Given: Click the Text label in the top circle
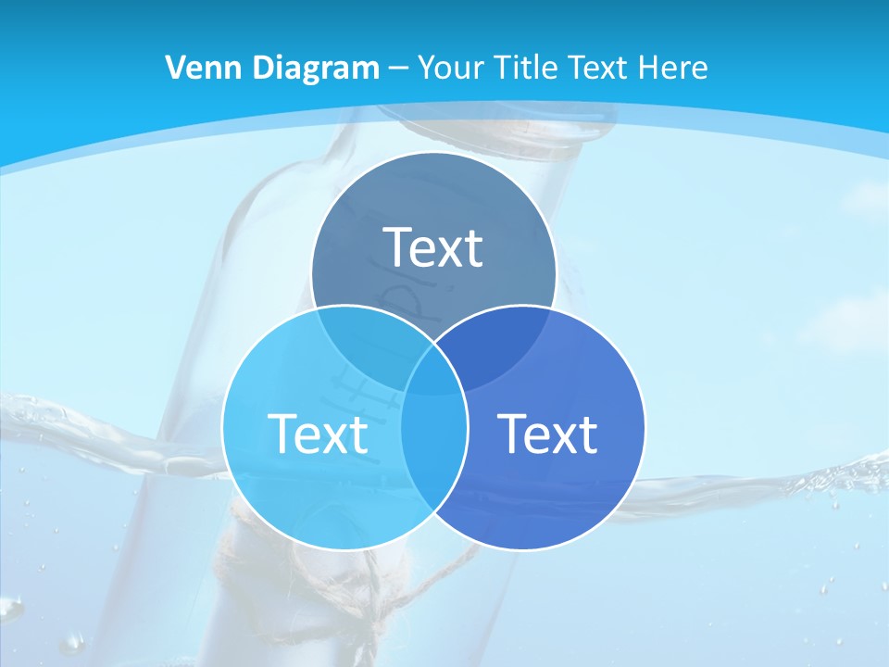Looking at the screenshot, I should (433, 247).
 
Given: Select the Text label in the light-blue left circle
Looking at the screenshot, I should (318, 433).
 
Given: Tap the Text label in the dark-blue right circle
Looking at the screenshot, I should (547, 433).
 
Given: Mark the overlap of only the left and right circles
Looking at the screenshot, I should (433, 454).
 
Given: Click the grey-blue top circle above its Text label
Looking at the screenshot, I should (433, 190).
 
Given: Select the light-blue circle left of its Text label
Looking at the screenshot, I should (246, 433).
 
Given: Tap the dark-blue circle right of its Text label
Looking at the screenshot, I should (620, 433).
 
